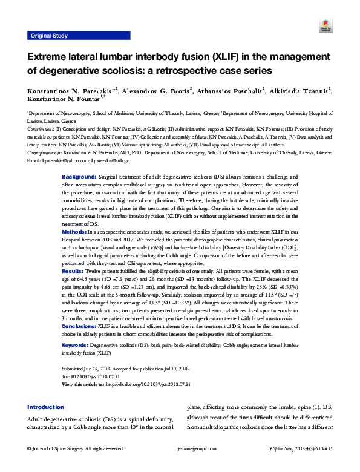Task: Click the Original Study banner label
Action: coord(49,36)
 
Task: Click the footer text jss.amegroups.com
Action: coord(180,450)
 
